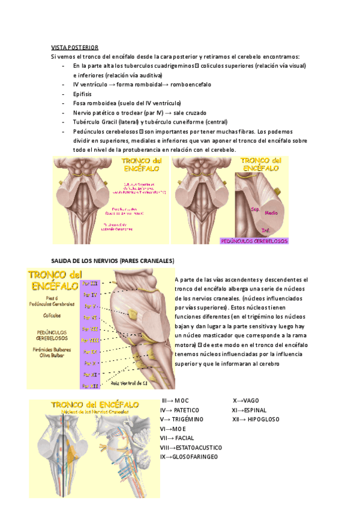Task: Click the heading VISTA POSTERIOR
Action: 74,47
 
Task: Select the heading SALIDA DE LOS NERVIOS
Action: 112,261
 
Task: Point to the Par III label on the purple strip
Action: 90,282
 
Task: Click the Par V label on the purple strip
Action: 89,306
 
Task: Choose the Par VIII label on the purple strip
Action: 90,340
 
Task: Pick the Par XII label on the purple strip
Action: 90,386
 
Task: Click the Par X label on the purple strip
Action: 89,363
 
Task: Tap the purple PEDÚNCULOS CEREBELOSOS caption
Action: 254,241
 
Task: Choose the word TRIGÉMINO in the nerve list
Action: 185,419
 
